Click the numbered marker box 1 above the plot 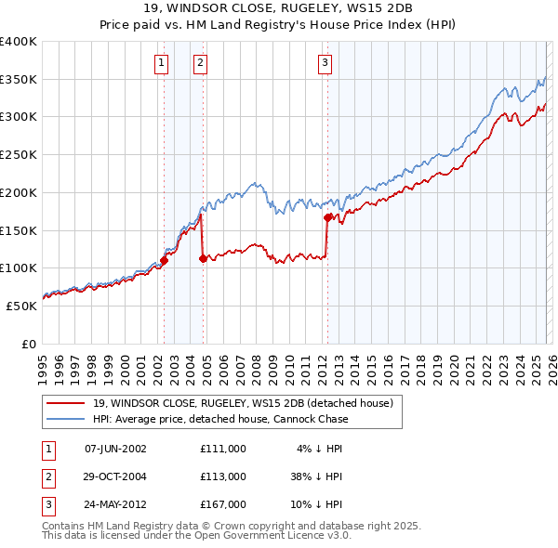point(162,63)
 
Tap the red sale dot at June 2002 point(165,261)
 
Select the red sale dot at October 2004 point(204,259)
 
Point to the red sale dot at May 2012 point(327,218)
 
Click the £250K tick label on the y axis point(19,155)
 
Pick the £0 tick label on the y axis point(30,344)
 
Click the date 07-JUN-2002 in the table point(115,449)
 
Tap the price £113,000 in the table point(222,476)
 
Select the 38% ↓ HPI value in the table point(315,476)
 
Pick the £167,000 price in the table point(222,504)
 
